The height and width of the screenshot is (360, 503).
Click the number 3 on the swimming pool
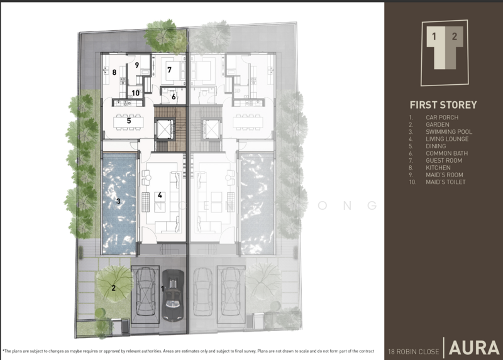(118, 202)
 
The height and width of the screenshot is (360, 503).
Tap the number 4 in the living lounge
(160, 195)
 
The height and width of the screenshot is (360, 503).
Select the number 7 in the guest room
(169, 70)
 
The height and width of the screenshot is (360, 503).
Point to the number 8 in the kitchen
(114, 73)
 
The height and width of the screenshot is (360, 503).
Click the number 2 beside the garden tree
(114, 288)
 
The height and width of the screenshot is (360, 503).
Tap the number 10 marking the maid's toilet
(136, 93)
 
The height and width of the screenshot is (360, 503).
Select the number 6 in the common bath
(174, 97)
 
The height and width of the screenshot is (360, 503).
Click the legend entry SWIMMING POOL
(448, 132)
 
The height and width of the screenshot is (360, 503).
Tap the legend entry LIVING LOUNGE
(446, 139)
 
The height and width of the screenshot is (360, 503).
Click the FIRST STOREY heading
(443, 105)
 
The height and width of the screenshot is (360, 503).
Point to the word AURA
(474, 347)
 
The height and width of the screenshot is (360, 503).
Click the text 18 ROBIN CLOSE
(414, 350)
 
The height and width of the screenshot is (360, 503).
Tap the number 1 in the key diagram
(433, 36)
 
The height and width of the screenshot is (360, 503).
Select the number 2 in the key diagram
(454, 36)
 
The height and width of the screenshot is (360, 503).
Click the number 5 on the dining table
(129, 120)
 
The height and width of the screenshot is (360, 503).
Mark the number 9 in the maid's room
(136, 65)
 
